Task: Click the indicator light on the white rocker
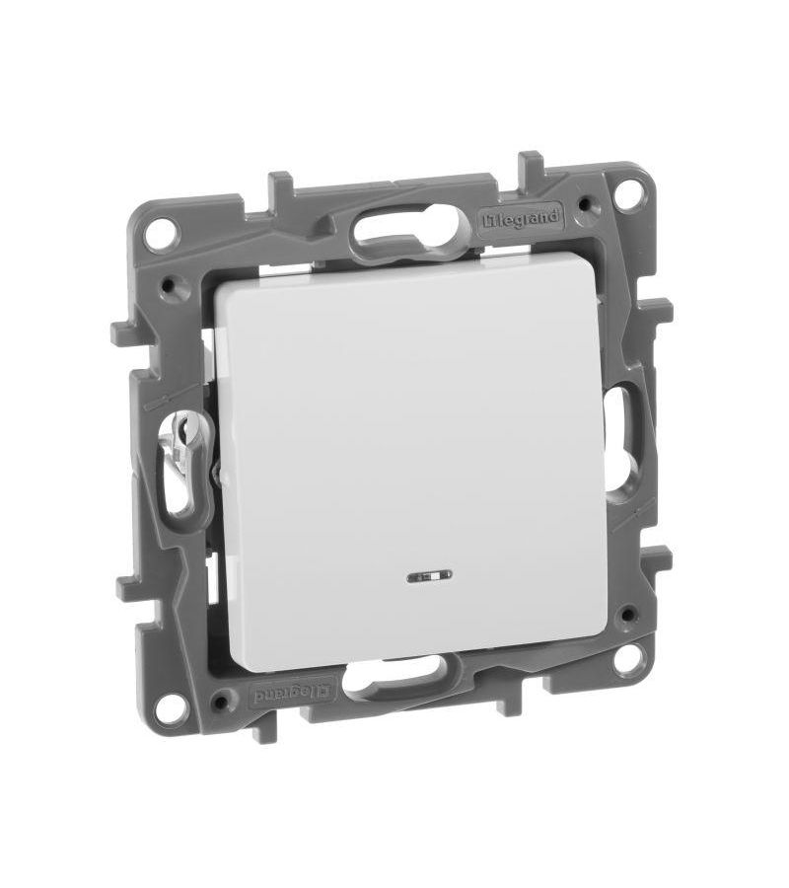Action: (429, 577)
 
